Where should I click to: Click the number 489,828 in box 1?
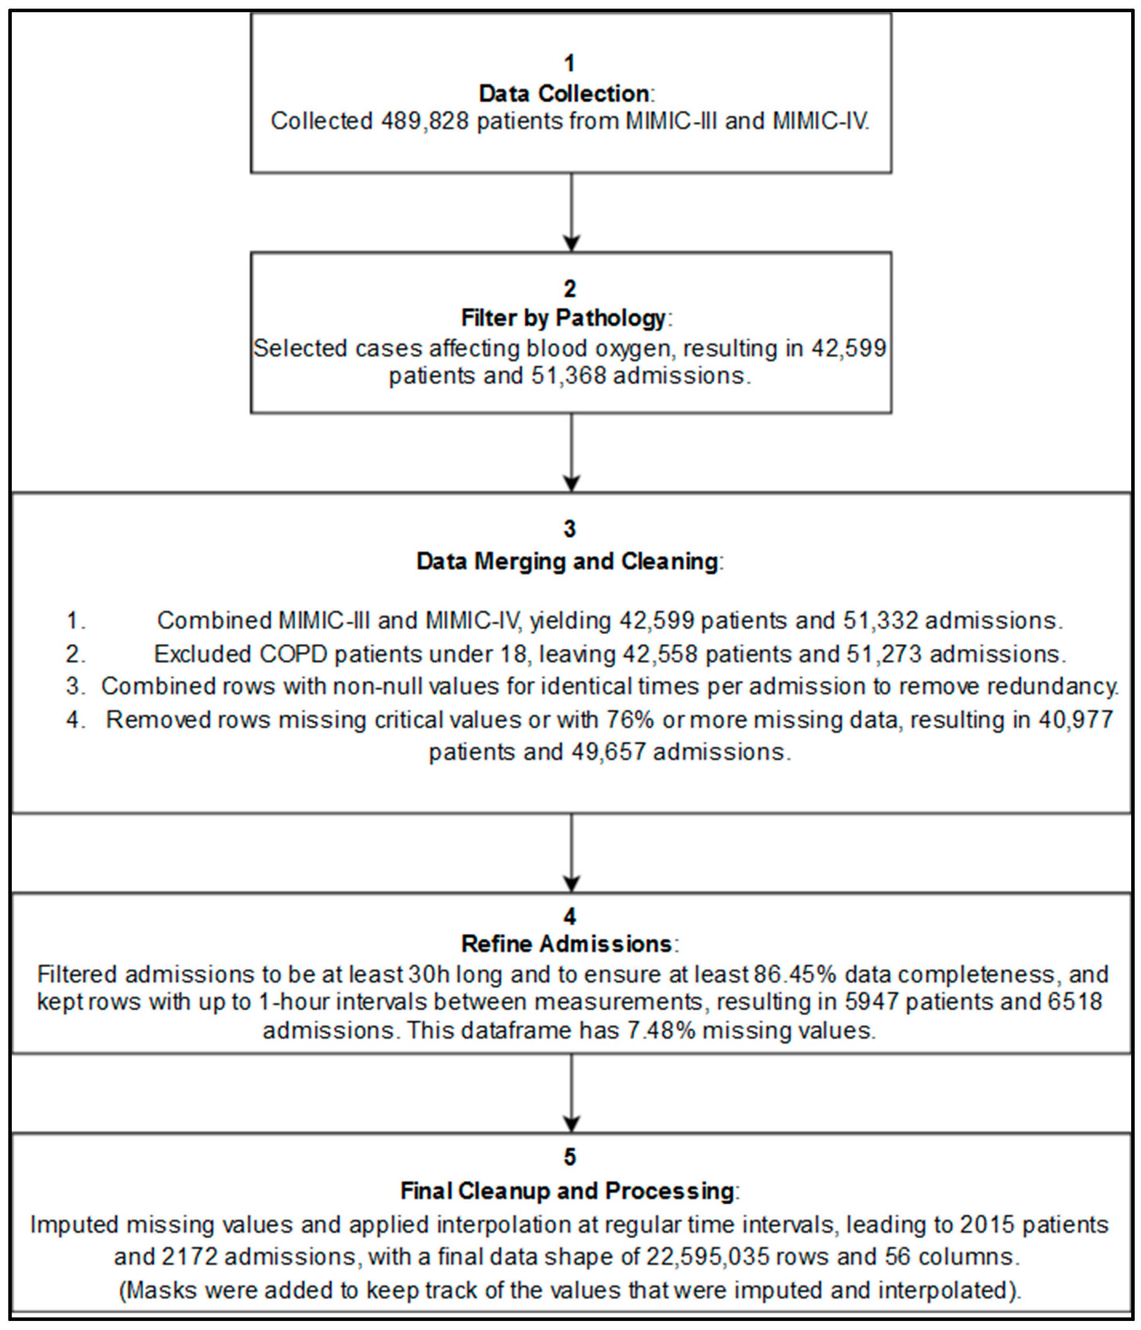pos(425,120)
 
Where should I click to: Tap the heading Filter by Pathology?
pos(563,318)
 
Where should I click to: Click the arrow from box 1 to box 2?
pos(570,212)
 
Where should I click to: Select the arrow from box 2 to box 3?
pos(570,452)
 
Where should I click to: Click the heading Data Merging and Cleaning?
pos(567,561)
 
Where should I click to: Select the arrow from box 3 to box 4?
pos(570,852)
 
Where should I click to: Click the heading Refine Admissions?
pos(567,944)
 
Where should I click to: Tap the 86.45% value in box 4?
pos(795,974)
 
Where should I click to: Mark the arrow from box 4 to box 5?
pos(570,1093)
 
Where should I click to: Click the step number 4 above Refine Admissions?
pos(570,916)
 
